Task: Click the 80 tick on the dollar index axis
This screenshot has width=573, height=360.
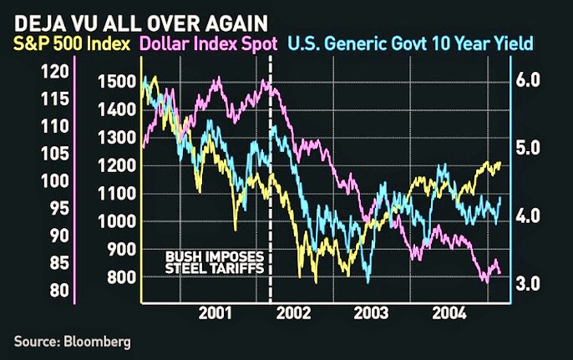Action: (57, 290)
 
